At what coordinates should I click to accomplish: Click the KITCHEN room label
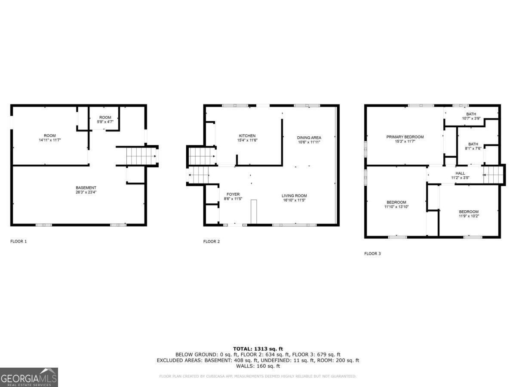[x=247, y=136]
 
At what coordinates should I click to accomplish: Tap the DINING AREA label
[x=309, y=138]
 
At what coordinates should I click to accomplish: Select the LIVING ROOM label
[x=295, y=196]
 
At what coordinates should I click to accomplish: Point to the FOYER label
[x=233, y=194]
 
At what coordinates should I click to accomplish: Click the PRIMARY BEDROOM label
[x=405, y=137]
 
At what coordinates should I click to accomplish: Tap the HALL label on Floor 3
[x=460, y=173]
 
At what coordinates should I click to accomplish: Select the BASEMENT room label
[x=86, y=187]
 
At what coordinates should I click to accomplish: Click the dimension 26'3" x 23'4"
[x=86, y=192]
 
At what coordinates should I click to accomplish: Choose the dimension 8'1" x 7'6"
[x=473, y=149]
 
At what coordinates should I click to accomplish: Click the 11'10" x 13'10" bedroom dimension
[x=396, y=207]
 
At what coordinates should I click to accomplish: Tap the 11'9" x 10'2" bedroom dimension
[x=468, y=216]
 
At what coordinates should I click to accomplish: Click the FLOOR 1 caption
[x=18, y=242]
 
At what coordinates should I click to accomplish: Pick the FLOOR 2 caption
[x=212, y=242]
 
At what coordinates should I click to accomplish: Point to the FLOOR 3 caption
[x=372, y=254]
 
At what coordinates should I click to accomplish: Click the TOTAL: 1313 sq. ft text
[x=258, y=349]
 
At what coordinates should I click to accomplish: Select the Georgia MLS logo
[x=29, y=377]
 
